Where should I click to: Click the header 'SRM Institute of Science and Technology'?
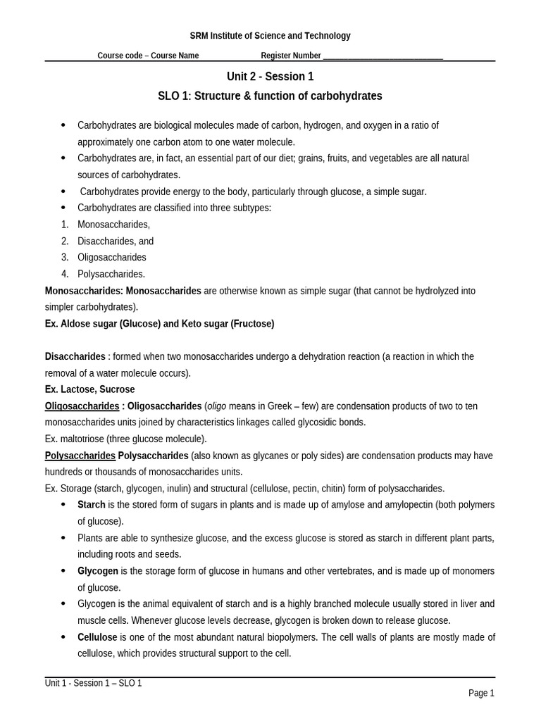tap(270, 36)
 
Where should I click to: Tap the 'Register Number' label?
tap(291, 56)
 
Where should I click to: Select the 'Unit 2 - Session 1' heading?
tap(270, 77)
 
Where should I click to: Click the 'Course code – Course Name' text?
tap(148, 56)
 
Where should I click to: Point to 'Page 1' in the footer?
tap(481, 694)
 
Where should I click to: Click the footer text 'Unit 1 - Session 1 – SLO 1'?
tap(94, 683)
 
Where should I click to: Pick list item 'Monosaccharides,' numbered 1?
tap(113, 225)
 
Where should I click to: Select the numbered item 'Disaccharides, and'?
tap(116, 241)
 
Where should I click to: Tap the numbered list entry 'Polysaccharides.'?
tap(111, 274)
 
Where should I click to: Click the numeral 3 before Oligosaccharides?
tap(64, 258)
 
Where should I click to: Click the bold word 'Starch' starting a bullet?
tap(92, 505)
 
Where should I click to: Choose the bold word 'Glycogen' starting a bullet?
tap(98, 571)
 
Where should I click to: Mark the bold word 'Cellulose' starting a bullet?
tap(97, 637)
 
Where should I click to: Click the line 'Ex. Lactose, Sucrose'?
tap(89, 389)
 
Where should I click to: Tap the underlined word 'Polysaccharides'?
tap(80, 456)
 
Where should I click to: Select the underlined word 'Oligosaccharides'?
tap(82, 406)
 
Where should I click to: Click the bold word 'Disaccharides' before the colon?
tap(75, 356)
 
